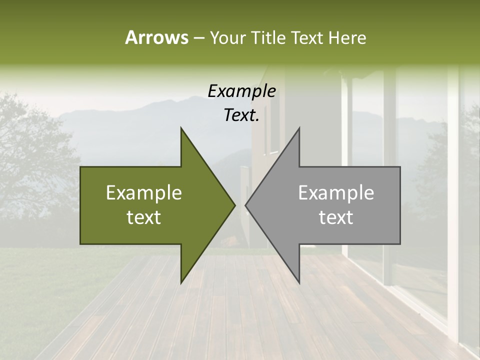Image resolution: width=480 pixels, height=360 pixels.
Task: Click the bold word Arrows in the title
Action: pos(156,37)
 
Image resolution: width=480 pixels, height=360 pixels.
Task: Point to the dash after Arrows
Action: pos(198,38)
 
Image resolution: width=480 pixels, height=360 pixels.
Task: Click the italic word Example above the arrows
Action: pos(241,91)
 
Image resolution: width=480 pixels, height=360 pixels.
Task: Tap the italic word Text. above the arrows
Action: pos(241,115)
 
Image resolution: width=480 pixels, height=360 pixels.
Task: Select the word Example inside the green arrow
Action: pos(144,193)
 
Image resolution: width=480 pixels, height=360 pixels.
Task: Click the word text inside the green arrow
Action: pos(144,217)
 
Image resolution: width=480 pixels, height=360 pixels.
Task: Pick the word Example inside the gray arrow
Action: pos(336,193)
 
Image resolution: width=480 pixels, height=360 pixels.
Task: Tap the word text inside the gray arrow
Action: pos(336,217)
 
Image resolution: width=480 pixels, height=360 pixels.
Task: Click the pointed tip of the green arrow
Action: pos(234,205)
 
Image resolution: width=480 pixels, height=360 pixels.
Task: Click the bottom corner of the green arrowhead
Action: pos(181,282)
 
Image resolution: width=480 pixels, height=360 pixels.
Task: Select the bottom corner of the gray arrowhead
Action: pos(299,282)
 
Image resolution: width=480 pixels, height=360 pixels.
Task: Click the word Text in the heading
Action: pos(307,37)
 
